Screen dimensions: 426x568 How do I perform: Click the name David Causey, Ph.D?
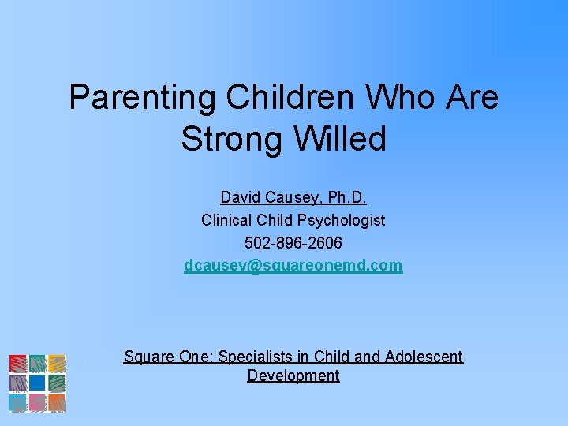pyautogui.click(x=293, y=197)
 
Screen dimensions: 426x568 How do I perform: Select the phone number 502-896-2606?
pyautogui.click(x=293, y=243)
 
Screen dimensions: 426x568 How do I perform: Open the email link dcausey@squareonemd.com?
pyautogui.click(x=293, y=266)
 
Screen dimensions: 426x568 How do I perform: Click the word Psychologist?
pyautogui.click(x=339, y=220)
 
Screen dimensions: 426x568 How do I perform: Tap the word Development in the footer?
pyautogui.click(x=293, y=376)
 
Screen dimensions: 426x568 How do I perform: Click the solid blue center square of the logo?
pyautogui.click(x=37, y=383)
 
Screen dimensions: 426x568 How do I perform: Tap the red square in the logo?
pyautogui.click(x=18, y=364)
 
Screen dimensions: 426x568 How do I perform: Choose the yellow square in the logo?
pyautogui.click(x=56, y=364)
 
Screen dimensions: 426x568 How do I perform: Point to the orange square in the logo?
pyautogui.click(x=56, y=402)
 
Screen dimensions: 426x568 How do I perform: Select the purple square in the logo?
pyautogui.click(x=18, y=383)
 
